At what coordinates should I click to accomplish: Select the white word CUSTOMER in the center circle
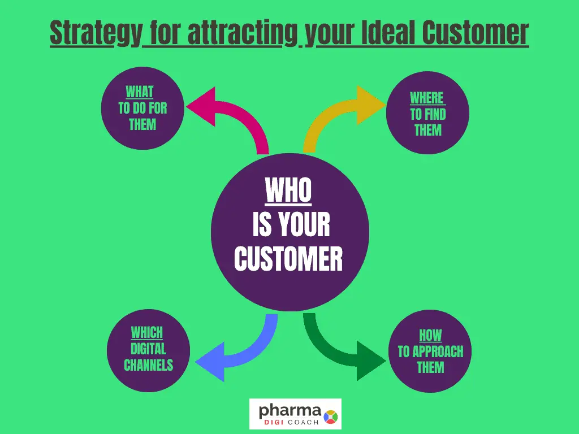pyautogui.click(x=288, y=258)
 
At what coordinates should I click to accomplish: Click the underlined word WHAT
pyautogui.click(x=140, y=92)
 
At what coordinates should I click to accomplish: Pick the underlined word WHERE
pyautogui.click(x=427, y=98)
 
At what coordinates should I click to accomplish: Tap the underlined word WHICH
pyautogui.click(x=147, y=332)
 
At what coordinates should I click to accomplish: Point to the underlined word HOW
pyautogui.click(x=430, y=336)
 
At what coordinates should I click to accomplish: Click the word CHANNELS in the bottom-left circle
pyautogui.click(x=149, y=365)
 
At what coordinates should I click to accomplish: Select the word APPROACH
pyautogui.click(x=438, y=351)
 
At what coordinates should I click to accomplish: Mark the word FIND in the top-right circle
pyautogui.click(x=436, y=114)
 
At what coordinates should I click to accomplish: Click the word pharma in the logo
pyautogui.click(x=290, y=411)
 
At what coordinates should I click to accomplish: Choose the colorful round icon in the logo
pyautogui.click(x=330, y=417)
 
